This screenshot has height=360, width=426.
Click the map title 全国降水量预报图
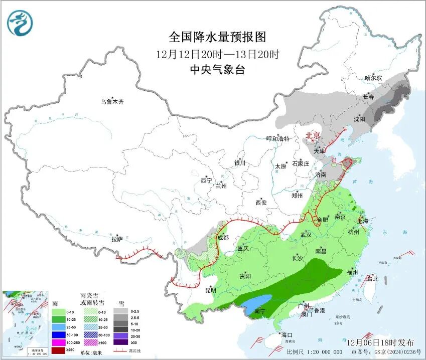[217, 37]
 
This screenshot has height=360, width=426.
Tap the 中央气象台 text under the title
[217, 69]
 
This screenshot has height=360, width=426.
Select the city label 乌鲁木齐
[111, 102]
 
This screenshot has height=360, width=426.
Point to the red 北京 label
[313, 135]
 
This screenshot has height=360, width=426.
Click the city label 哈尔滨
[373, 78]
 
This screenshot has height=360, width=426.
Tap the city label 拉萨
[117, 239]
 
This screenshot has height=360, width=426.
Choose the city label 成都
[223, 237]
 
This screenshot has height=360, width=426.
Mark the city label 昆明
[211, 290]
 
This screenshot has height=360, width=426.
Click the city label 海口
[287, 334]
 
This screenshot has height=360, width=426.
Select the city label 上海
[363, 221]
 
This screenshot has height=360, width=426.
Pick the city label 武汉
[306, 235]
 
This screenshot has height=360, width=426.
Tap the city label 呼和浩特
[277, 139]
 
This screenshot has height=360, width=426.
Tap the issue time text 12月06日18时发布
[380, 342]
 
